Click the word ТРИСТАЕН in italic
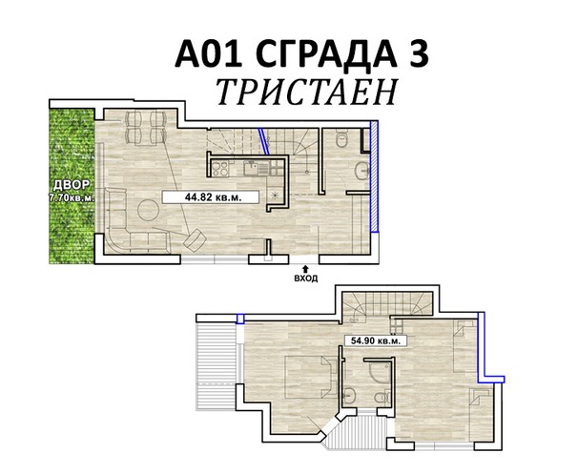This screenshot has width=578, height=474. (307, 92)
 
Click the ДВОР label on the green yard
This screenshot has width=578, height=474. (71, 184)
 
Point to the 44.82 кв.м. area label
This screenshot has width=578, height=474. (213, 197)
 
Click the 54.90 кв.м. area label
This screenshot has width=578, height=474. (375, 340)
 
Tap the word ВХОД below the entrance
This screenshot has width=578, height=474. (306, 278)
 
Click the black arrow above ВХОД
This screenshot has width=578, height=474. (305, 270)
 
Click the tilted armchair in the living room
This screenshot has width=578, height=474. (195, 240)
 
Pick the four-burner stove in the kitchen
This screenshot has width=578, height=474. (220, 169)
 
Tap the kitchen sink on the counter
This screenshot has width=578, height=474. (252, 169)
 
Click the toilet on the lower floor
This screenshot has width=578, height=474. (342, 139)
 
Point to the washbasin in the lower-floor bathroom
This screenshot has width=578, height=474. (362, 171)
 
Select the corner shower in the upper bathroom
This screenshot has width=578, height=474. (380, 372)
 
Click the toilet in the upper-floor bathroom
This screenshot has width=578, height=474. (382, 398)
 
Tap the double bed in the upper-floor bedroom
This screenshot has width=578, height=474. (309, 377)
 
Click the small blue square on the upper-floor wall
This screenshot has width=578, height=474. (240, 319)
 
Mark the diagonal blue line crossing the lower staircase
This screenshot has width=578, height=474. (264, 140)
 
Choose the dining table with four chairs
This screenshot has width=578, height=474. (146, 127)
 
